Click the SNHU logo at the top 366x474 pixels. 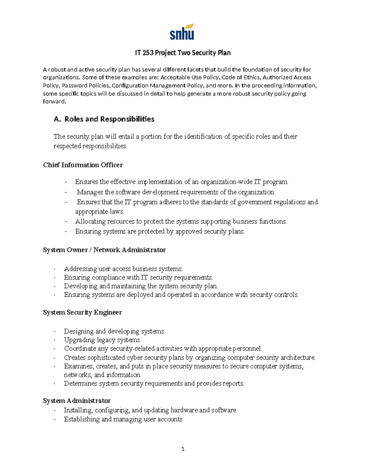pos(182,32)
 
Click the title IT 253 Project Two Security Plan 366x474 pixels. pos(183,53)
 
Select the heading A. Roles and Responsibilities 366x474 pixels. pos(104,119)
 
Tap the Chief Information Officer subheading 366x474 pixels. pos(83,165)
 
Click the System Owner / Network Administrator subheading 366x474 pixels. pos(104,250)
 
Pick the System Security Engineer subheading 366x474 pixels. pos(82,313)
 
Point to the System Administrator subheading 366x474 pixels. pos(77,401)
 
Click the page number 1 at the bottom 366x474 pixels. pos(183,449)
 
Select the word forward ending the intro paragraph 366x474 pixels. pos(54,102)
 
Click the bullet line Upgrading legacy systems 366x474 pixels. pos(102,340)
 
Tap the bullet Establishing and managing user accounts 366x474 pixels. pos(123,419)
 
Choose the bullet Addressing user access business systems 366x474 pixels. pos(123,269)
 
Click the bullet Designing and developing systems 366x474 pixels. pos(114,331)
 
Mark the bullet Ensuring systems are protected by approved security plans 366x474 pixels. pos(160,232)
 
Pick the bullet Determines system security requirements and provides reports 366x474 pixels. pos(154,384)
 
